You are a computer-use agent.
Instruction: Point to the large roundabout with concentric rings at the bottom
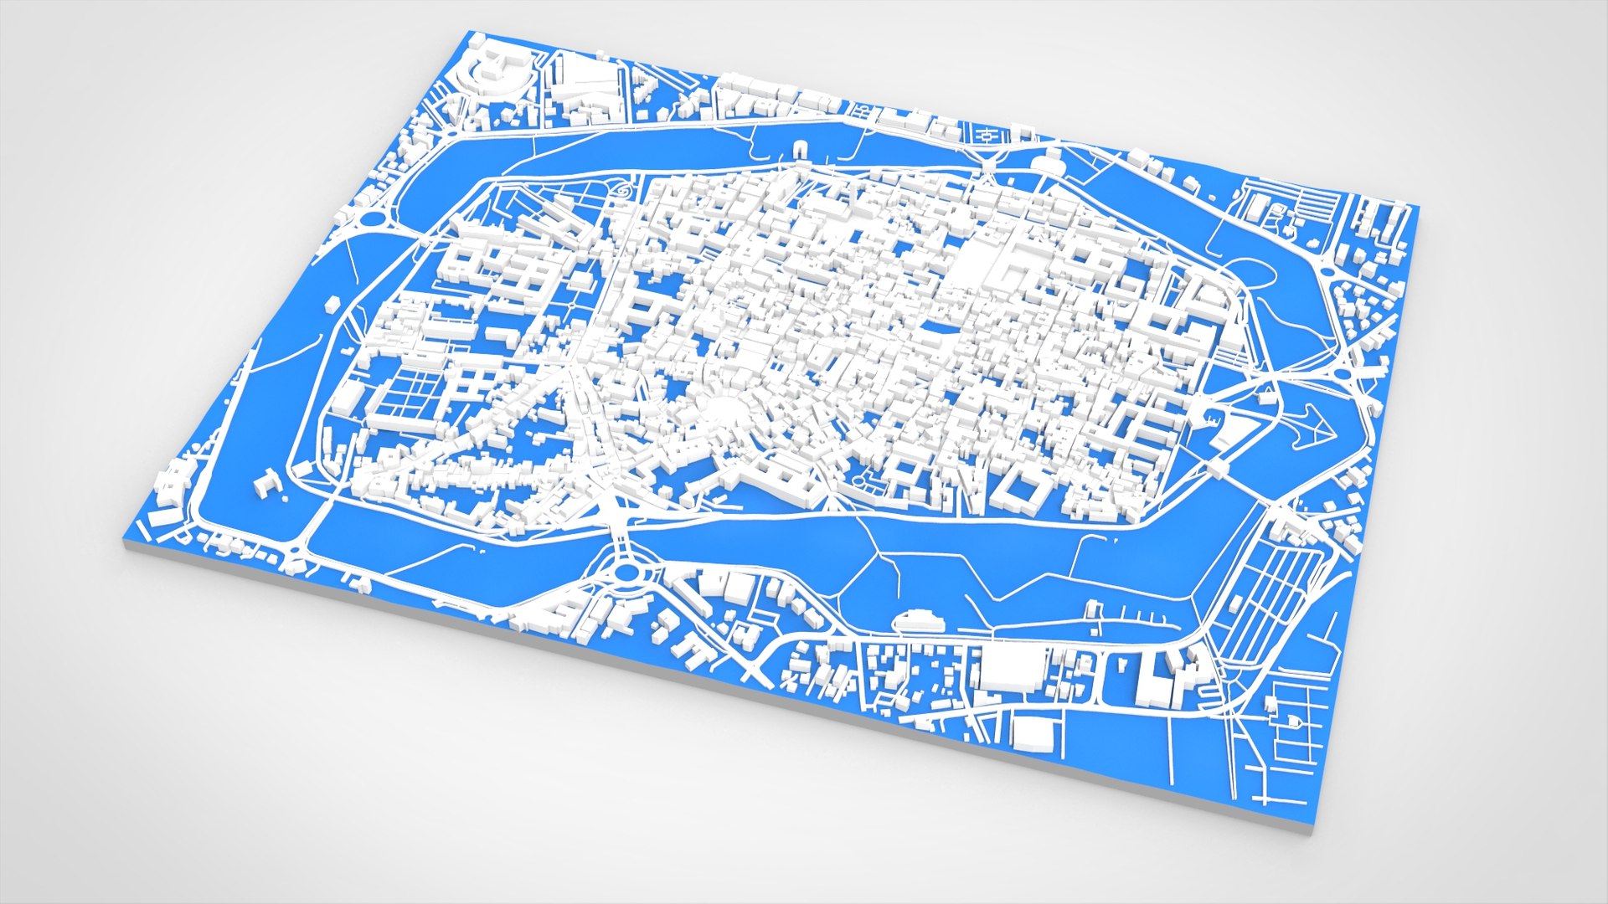pyautogui.click(x=626, y=573)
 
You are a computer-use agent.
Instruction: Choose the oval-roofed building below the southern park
pyautogui.click(x=920, y=621)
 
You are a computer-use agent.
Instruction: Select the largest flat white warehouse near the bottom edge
pyautogui.click(x=1013, y=669)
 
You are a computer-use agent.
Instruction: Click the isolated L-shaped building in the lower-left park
pyautogui.click(x=267, y=484)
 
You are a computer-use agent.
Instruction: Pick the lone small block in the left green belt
pyautogui.click(x=332, y=301)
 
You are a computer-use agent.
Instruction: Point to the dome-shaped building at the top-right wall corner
pyautogui.click(x=1048, y=163)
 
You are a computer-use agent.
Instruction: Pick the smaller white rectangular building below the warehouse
pyautogui.click(x=1033, y=732)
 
